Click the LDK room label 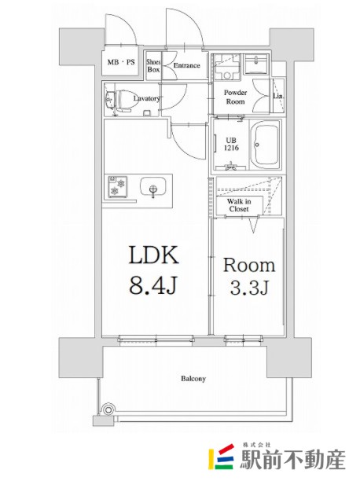pyautogui.click(x=154, y=255)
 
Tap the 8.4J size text pyautogui.click(x=152, y=285)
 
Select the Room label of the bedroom pyautogui.click(x=249, y=266)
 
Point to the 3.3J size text pyautogui.click(x=249, y=287)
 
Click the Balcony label pyautogui.click(x=193, y=379)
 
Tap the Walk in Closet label pyautogui.click(x=239, y=205)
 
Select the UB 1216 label pyautogui.click(x=231, y=144)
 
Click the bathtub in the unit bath pyautogui.click(x=265, y=144)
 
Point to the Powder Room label pyautogui.click(x=235, y=97)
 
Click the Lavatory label pyautogui.click(x=147, y=98)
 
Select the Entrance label pyautogui.click(x=186, y=65)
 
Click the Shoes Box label pyautogui.click(x=153, y=66)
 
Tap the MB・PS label pyautogui.click(x=121, y=62)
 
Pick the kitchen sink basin pyautogui.click(x=152, y=187)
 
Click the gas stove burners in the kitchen pyautogui.click(x=118, y=186)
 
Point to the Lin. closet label pyautogui.click(x=278, y=96)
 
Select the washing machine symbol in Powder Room pyautogui.click(x=226, y=67)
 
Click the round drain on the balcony pyautogui.click(x=108, y=409)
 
